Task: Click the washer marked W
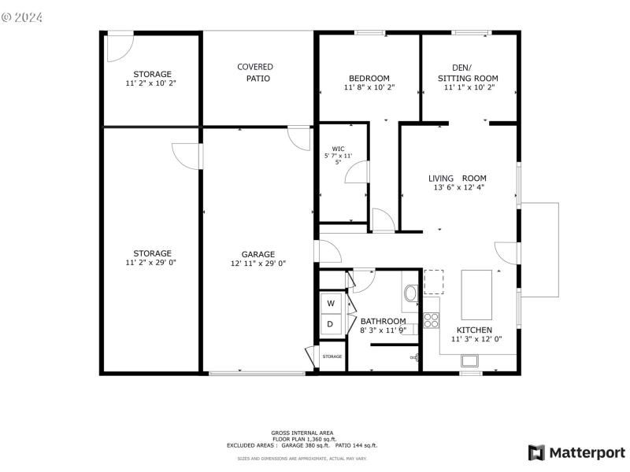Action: pyautogui.click(x=331, y=303)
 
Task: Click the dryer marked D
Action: pyautogui.click(x=331, y=324)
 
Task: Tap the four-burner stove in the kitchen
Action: pyautogui.click(x=432, y=320)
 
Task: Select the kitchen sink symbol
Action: pyautogui.click(x=470, y=360)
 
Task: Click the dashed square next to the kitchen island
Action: pyautogui.click(x=434, y=282)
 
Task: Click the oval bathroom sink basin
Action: pyautogui.click(x=410, y=294)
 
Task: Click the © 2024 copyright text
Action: pyautogui.click(x=23, y=16)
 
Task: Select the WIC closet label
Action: pyautogui.click(x=338, y=149)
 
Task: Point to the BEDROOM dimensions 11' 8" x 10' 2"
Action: pyautogui.click(x=369, y=88)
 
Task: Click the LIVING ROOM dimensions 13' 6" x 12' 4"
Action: pyautogui.click(x=458, y=188)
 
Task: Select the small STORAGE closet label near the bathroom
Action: pyautogui.click(x=332, y=356)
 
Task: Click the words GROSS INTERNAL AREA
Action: pyautogui.click(x=302, y=433)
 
